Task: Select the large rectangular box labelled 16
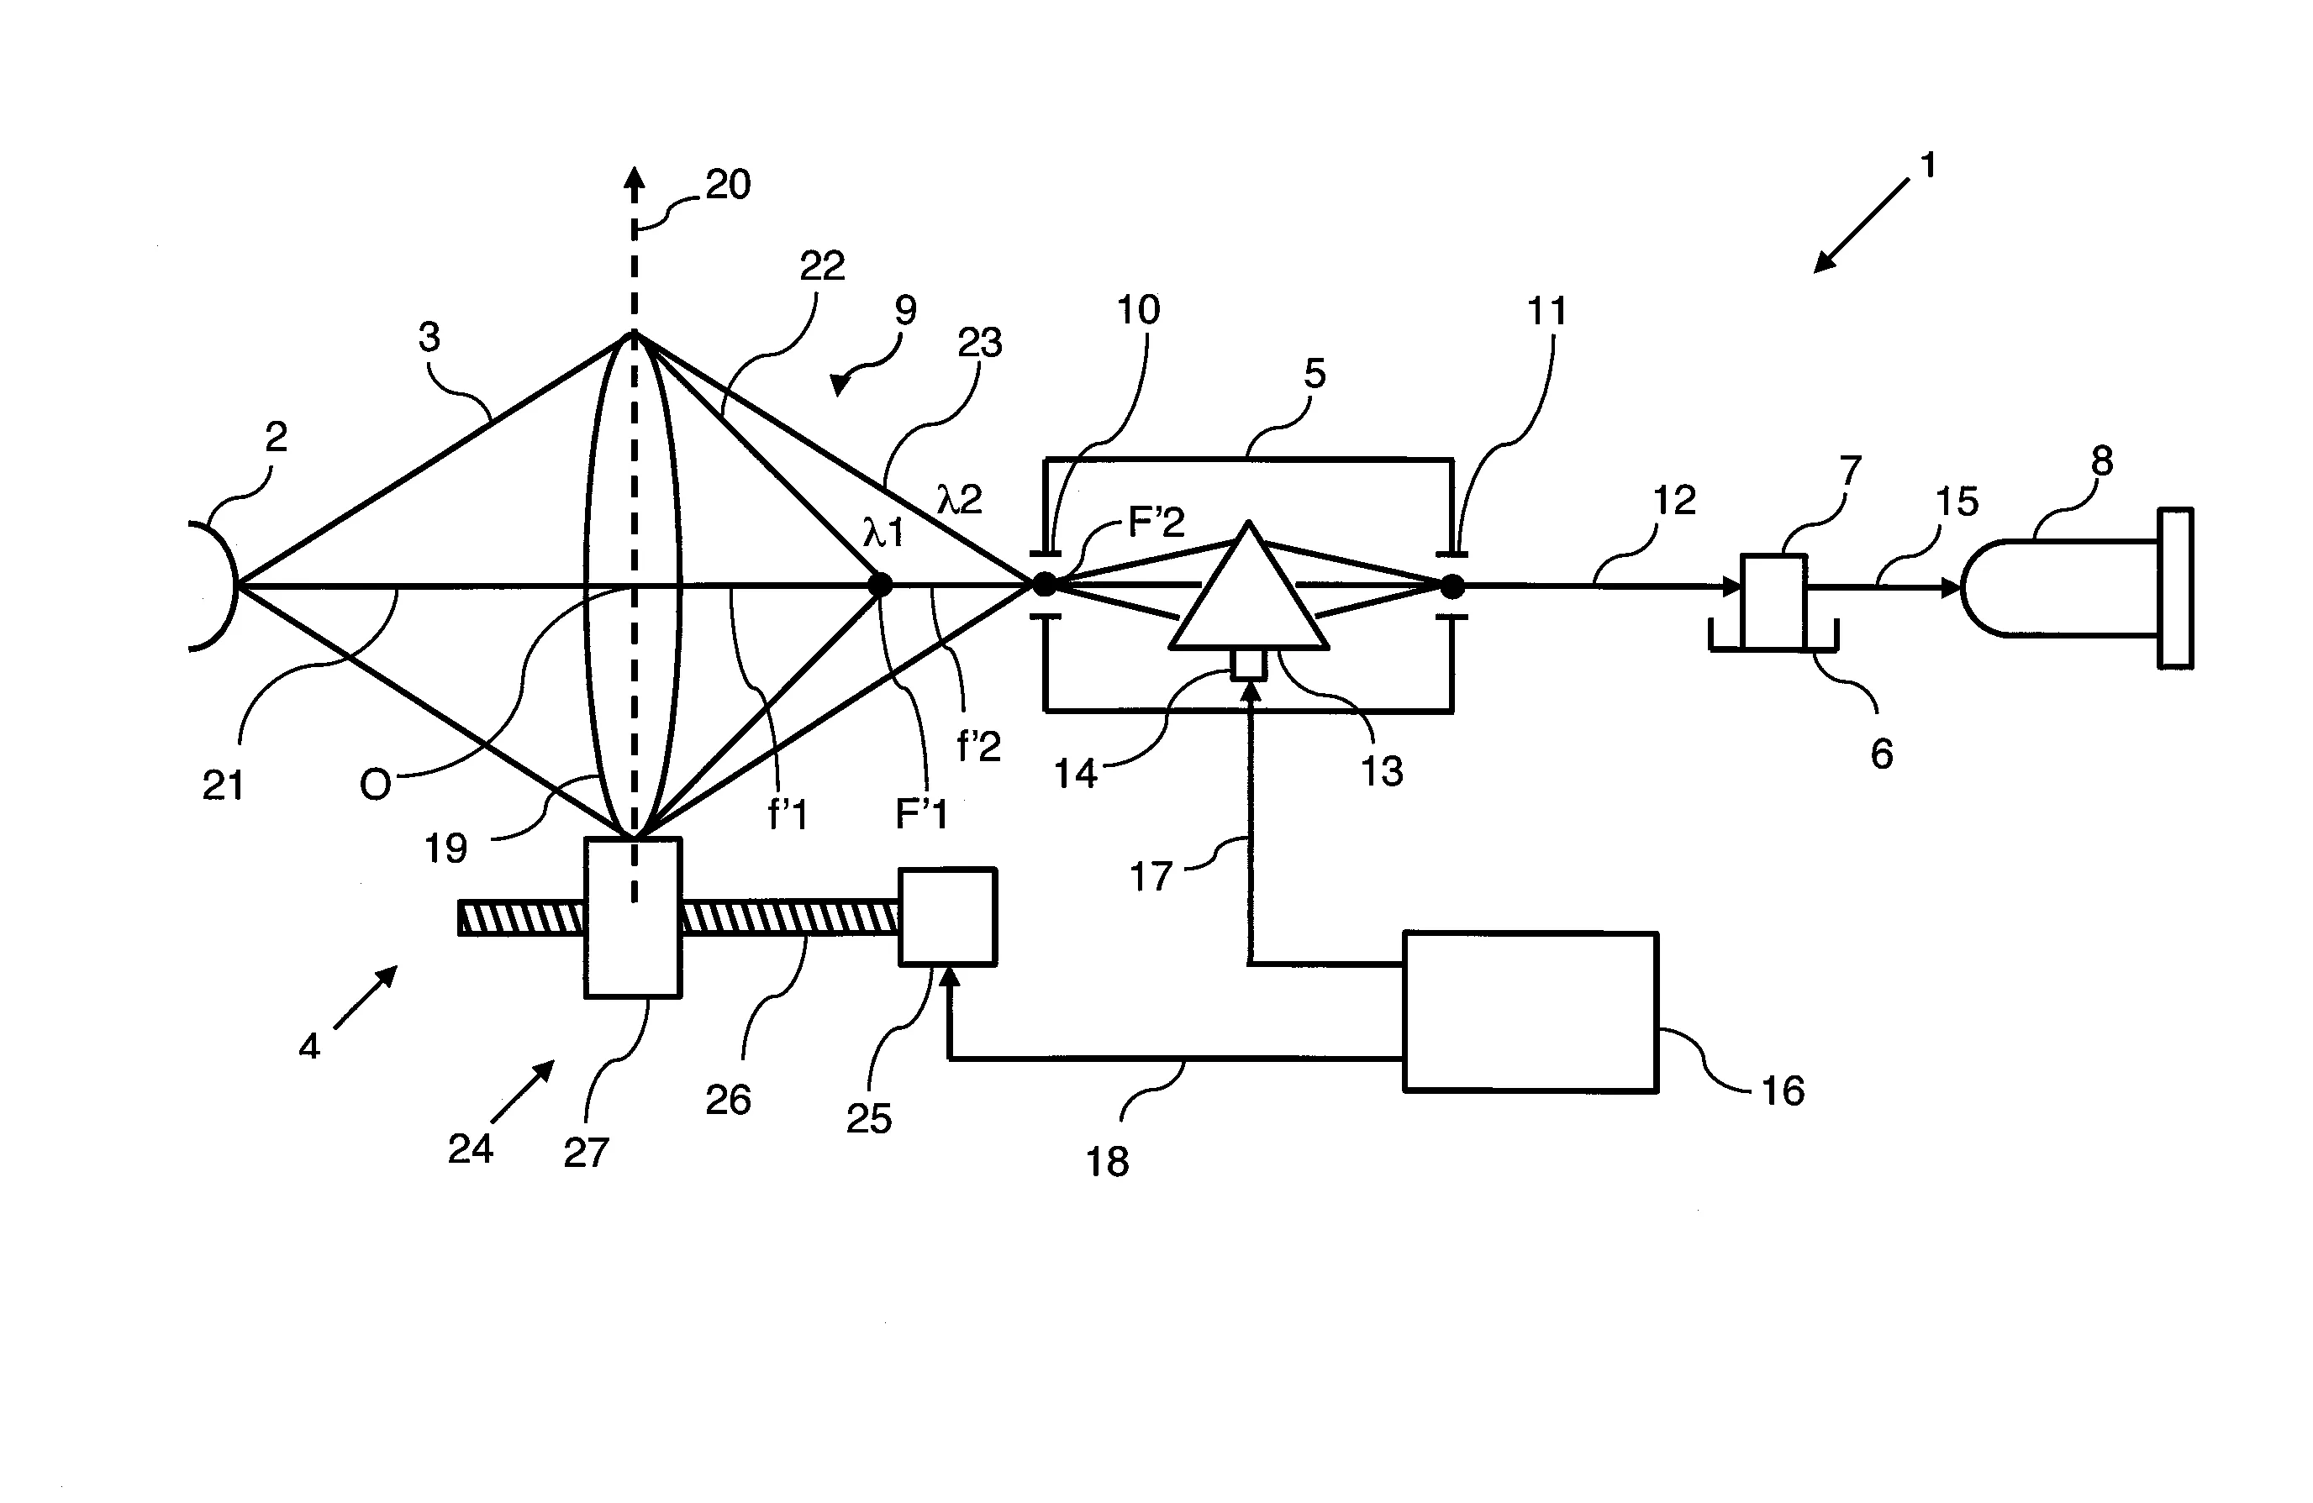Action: (x=1530, y=1012)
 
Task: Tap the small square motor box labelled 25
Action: (x=947, y=917)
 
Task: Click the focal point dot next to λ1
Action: (x=879, y=585)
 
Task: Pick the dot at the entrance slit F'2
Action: (x=1044, y=585)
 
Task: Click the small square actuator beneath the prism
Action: (x=1249, y=664)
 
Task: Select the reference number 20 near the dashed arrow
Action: (x=728, y=185)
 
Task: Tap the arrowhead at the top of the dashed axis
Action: (x=634, y=178)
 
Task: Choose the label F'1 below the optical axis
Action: (x=920, y=814)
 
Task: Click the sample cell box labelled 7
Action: (x=1773, y=602)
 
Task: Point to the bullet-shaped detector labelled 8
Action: (x=2060, y=588)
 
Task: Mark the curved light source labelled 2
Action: (x=213, y=586)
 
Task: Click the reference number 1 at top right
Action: (x=1929, y=166)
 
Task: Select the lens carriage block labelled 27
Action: (x=633, y=917)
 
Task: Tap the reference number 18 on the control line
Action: (x=1107, y=1161)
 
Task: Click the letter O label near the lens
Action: (x=375, y=784)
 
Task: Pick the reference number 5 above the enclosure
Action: (x=1314, y=373)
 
